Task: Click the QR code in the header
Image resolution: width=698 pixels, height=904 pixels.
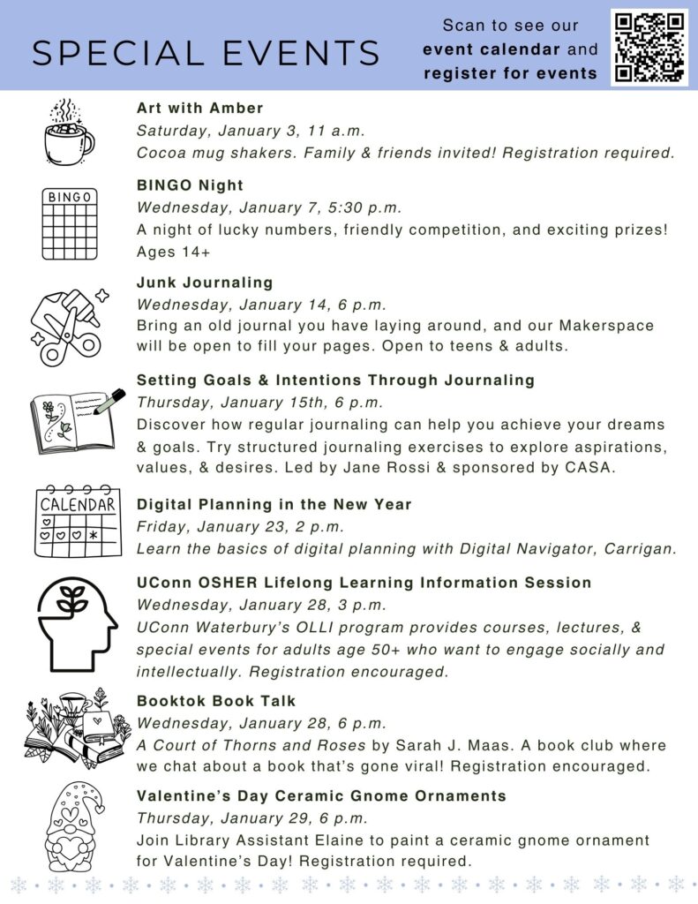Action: point(649,46)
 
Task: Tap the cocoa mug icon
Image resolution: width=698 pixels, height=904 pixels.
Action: point(68,132)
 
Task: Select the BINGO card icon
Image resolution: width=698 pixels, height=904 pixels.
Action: point(70,223)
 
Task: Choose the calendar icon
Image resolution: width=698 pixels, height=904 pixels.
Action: point(79,521)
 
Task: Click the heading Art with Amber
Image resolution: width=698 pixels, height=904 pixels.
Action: point(199,108)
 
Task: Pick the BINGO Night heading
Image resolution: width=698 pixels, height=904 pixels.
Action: point(190,185)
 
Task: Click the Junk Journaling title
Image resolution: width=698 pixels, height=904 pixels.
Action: point(205,282)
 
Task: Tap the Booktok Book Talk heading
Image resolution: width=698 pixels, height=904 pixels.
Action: point(216,701)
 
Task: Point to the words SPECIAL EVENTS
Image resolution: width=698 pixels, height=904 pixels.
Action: point(206,53)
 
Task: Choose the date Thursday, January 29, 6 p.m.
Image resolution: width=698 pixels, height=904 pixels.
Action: point(251,818)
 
